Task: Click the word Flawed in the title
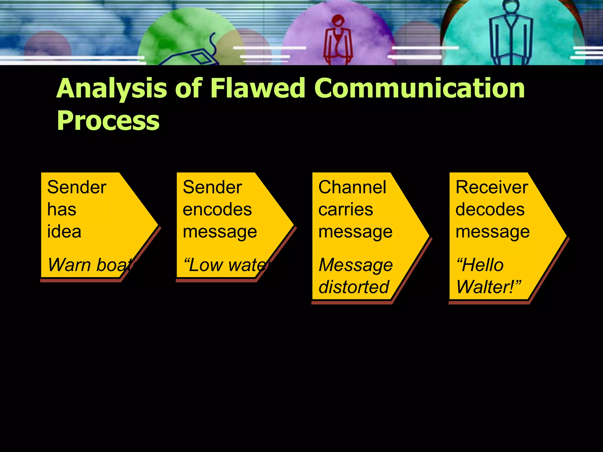pos(258,88)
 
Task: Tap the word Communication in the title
pos(420,88)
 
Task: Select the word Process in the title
pos(108,121)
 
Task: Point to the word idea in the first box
pos(64,232)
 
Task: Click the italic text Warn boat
pos(91,265)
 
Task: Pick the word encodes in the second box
pos(217,210)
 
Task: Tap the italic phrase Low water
pos(227,265)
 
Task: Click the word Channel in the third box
pos(352,187)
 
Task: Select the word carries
pos(346,210)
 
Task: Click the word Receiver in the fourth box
pos(492,187)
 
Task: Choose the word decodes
pos(490,210)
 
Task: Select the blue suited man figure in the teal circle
pos(511,35)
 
